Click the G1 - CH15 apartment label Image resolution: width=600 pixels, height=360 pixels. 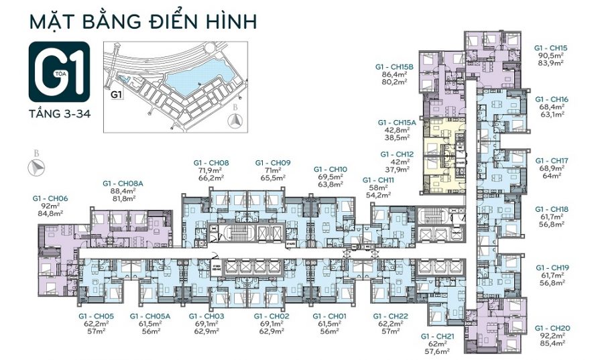point(551,48)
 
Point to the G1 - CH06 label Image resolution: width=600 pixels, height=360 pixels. point(50,198)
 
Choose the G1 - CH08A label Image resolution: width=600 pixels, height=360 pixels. point(122,183)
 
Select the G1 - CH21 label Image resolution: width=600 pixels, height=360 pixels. point(437,335)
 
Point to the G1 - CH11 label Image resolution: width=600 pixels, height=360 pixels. point(379,180)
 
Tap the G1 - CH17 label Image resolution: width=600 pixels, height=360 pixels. point(552,160)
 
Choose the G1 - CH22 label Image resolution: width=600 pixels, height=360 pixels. point(390,315)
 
